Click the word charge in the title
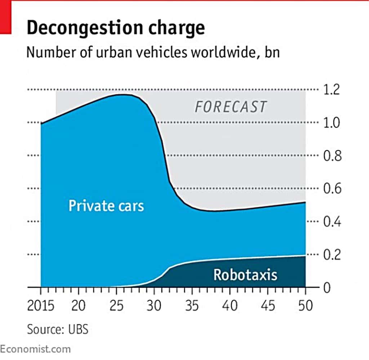click(178, 28)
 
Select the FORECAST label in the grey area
click(231, 107)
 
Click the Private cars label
click(106, 206)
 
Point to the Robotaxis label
click(245, 275)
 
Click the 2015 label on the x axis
click(41, 306)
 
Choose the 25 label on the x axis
click(116, 306)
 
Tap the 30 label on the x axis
click(154, 306)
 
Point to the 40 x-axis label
click(230, 306)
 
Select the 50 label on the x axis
click(305, 306)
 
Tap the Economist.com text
click(35, 349)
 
